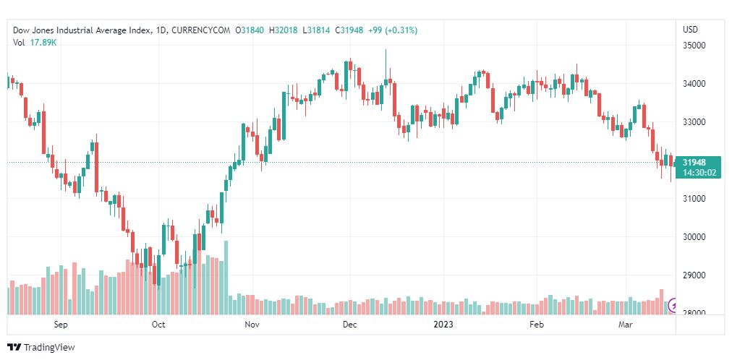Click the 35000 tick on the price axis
point(694,46)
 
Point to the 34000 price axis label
point(694,84)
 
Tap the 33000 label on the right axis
point(694,122)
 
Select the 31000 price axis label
point(694,199)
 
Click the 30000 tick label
point(694,237)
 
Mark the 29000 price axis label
point(694,275)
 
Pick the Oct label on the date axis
point(158,325)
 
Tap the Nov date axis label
point(252,325)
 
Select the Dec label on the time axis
point(349,325)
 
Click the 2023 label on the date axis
point(441,325)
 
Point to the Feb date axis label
point(536,325)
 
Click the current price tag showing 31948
point(699,162)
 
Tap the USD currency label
point(690,30)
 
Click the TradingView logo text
point(49,348)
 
